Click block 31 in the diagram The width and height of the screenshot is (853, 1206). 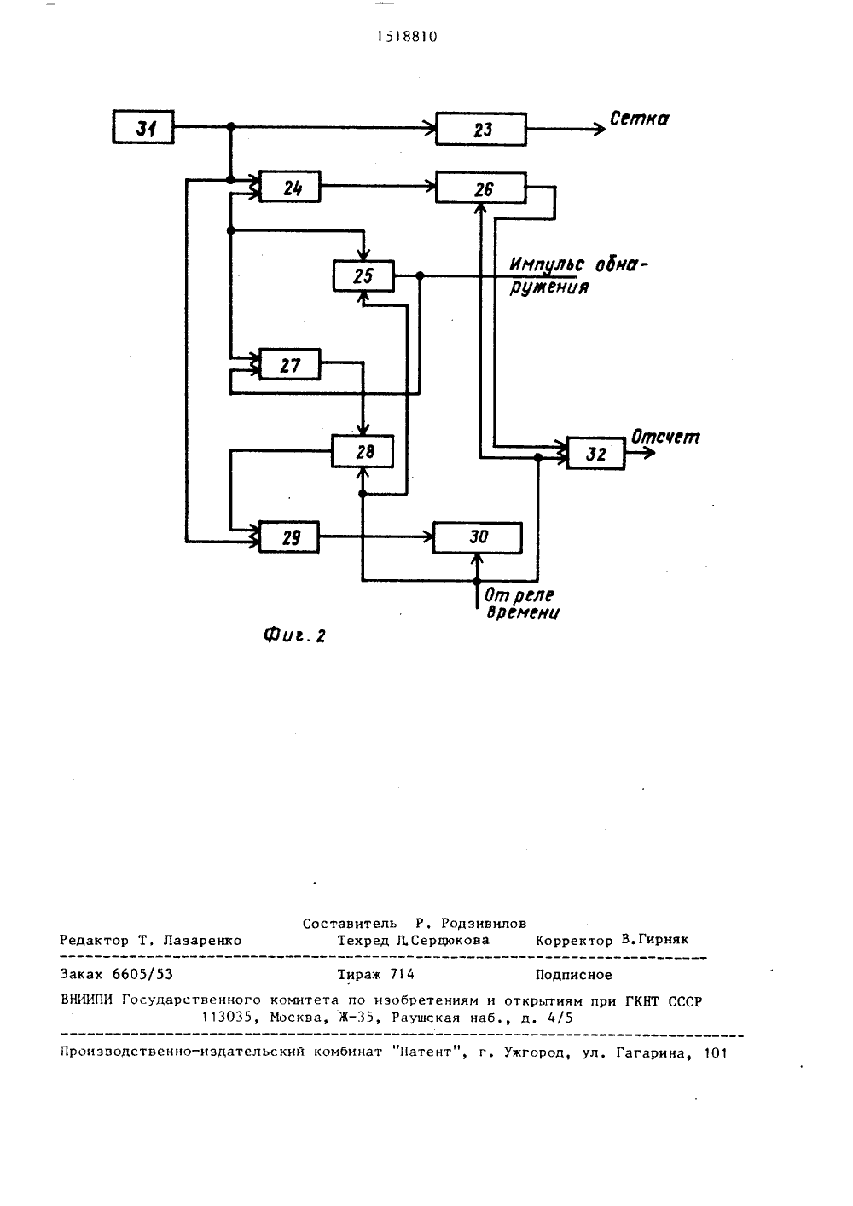[142, 127]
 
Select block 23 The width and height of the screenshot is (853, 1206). [481, 130]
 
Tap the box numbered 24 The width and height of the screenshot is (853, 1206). [290, 187]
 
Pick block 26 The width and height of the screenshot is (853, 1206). [481, 188]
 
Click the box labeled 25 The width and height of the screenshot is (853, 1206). [363, 276]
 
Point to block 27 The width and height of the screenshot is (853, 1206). [290, 364]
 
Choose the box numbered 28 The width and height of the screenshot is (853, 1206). [363, 451]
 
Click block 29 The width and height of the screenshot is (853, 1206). [289, 536]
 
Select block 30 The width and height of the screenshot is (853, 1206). [478, 538]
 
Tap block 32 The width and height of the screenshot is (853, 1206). [595, 454]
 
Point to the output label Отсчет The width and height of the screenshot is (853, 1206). [665, 437]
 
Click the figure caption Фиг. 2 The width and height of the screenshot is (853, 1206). [294, 636]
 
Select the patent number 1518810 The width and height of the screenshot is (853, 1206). [407, 37]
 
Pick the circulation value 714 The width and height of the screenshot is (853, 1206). [402, 975]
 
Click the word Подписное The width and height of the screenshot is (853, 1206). [573, 975]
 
